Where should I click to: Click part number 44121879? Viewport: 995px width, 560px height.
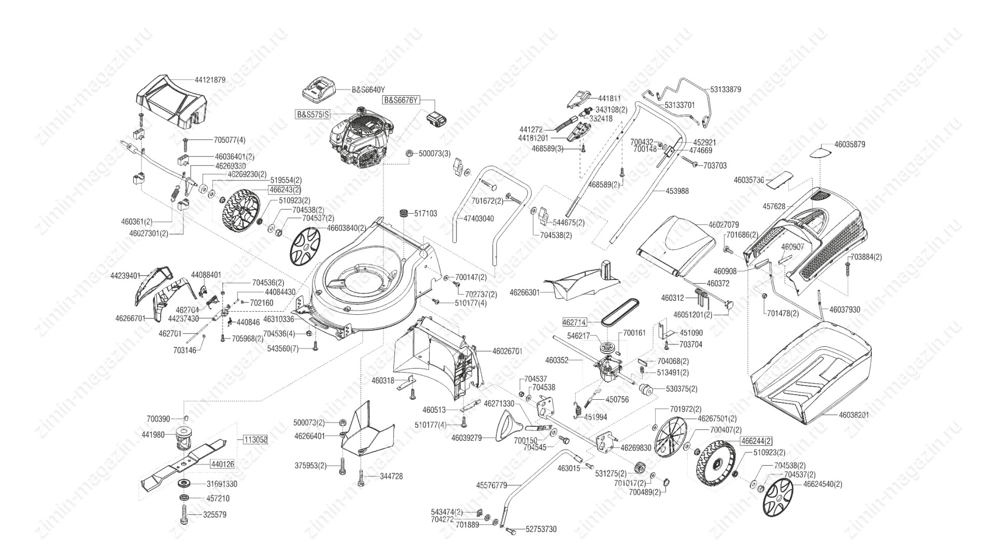point(210,80)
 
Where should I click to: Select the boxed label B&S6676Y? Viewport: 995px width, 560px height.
point(400,100)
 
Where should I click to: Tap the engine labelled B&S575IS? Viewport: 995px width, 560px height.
point(358,137)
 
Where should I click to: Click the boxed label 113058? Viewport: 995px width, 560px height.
point(255,440)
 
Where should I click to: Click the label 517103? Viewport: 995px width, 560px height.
point(425,213)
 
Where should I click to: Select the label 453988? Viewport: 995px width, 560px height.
point(677,191)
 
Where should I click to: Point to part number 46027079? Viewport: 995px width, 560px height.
point(723,225)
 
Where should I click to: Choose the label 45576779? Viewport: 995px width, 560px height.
point(492,485)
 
